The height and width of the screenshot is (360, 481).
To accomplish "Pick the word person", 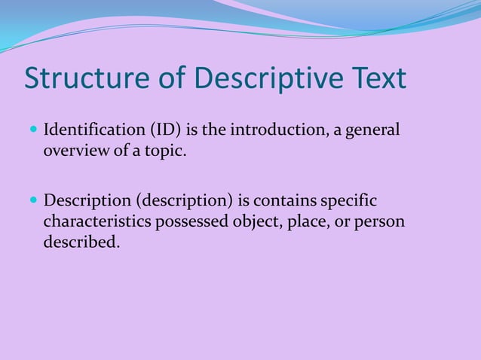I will click(x=376, y=222).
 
